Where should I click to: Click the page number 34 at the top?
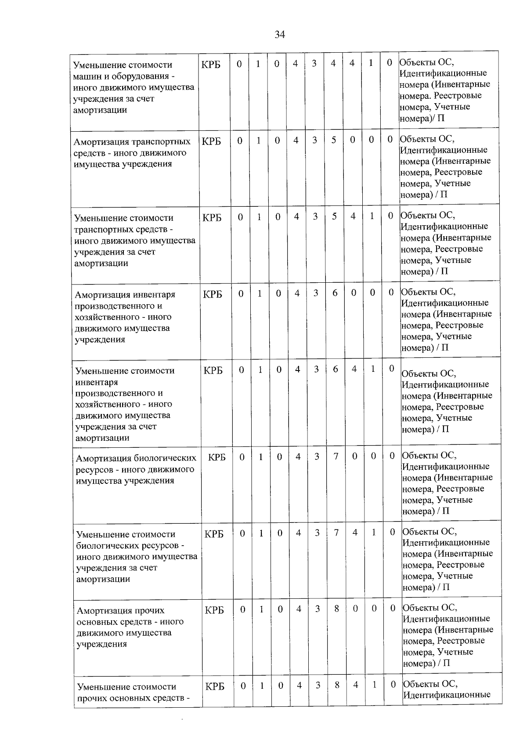(x=280, y=35)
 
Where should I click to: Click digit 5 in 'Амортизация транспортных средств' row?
(x=334, y=140)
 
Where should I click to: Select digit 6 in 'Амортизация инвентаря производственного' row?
(x=335, y=293)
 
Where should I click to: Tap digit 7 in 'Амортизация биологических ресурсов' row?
(x=336, y=456)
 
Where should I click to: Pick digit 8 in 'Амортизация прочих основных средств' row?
(x=336, y=609)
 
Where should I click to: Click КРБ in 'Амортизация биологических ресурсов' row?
(x=217, y=457)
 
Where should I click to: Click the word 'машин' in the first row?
(x=85, y=76)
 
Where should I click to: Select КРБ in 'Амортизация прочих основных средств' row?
(x=214, y=610)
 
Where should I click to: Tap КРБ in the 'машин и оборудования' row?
(x=211, y=65)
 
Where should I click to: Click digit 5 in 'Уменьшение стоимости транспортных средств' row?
(x=334, y=216)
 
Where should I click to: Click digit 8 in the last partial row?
(x=337, y=685)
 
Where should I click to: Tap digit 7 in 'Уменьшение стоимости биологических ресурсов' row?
(x=336, y=533)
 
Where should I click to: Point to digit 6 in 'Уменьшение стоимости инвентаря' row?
(x=335, y=369)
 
